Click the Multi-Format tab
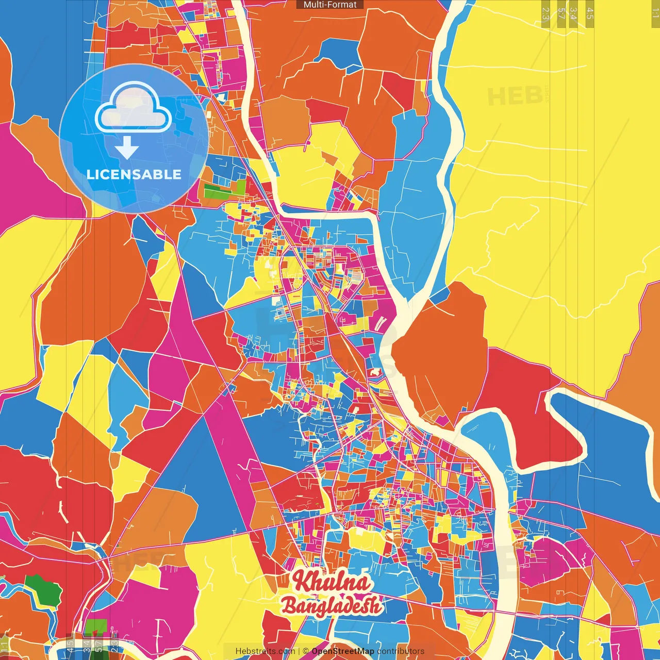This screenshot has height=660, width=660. pos(330,5)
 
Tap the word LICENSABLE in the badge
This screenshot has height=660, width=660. pos(134,174)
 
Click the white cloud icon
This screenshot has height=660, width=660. pos(133,109)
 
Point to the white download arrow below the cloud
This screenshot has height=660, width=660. pos(127,148)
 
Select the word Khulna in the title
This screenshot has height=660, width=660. pos(332,582)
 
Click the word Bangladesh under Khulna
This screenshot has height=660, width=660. pos(332,606)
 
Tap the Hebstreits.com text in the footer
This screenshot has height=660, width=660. pos(265,651)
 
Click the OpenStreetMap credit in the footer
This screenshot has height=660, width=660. pos(343,651)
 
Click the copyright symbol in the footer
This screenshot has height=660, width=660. pos(306,651)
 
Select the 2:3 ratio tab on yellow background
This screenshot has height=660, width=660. pos(546,13)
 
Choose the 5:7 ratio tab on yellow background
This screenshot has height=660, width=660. pos(562,13)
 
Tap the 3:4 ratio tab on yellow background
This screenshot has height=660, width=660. pos(573,13)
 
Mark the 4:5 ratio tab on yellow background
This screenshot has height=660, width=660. pos(589,13)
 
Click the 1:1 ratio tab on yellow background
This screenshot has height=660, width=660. pos(655,13)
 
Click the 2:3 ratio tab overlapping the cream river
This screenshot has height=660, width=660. pos(114,646)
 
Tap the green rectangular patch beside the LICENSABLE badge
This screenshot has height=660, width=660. pos(225,189)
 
